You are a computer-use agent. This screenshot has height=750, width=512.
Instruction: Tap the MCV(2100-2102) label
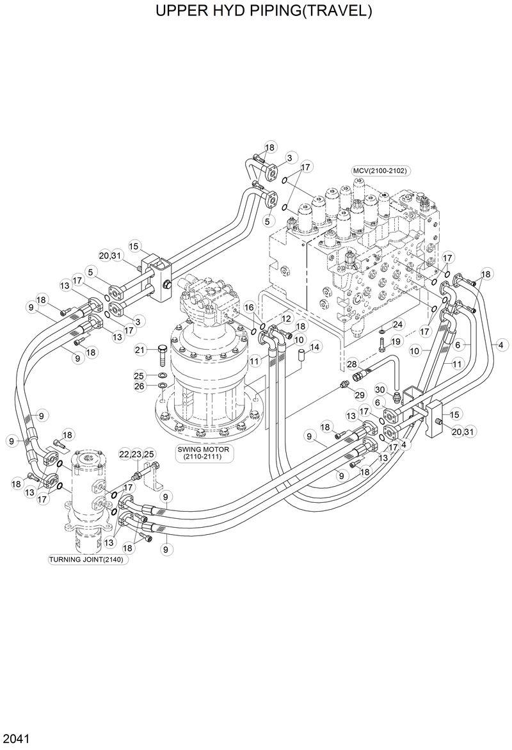(x=381, y=170)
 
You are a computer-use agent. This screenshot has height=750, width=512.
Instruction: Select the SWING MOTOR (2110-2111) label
(x=203, y=453)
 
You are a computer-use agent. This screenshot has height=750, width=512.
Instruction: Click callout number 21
(x=140, y=350)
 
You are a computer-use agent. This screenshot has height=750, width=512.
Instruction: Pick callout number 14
(x=315, y=347)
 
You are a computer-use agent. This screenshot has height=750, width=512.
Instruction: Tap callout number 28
(x=351, y=364)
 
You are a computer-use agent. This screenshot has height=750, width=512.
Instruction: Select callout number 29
(x=359, y=395)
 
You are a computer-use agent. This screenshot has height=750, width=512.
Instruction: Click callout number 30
(x=379, y=390)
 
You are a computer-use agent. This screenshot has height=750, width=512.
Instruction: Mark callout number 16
(x=249, y=309)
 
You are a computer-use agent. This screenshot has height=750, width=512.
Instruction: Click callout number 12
(x=285, y=318)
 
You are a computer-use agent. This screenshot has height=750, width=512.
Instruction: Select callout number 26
(x=140, y=386)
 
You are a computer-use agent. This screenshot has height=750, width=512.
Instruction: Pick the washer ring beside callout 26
(x=162, y=386)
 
